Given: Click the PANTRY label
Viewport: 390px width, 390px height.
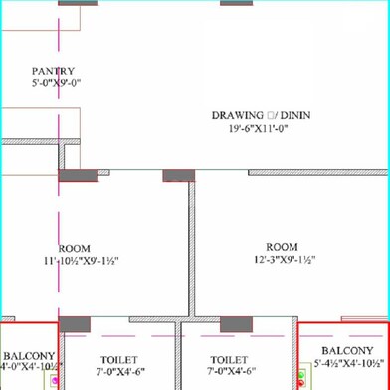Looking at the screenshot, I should [54, 71].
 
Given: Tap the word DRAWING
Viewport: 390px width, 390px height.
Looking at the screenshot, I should [237, 115].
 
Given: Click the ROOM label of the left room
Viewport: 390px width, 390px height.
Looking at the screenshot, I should [76, 248].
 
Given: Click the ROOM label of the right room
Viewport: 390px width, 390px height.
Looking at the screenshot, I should [282, 246].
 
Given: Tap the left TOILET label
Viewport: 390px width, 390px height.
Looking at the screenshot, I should [119, 360].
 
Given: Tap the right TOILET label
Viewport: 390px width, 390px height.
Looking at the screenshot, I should [230, 360].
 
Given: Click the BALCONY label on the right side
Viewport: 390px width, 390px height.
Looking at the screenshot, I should [348, 351].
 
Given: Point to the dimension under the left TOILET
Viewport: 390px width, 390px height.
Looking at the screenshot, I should [119, 372].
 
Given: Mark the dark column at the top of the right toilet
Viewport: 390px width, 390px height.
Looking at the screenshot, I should [235, 325].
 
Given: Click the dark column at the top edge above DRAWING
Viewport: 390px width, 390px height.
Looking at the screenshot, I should [235, 3].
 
